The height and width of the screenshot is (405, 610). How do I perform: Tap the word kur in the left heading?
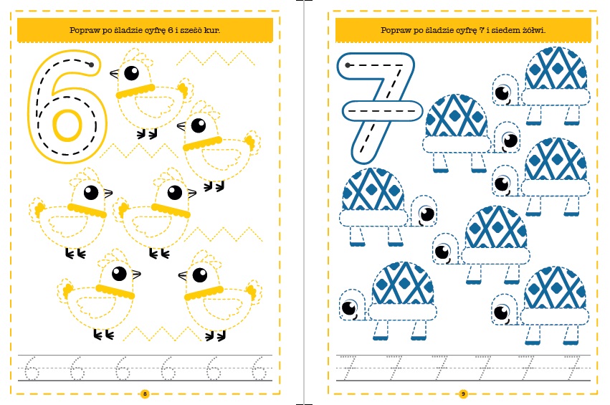[211, 30]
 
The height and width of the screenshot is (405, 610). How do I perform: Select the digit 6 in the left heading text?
[170, 30]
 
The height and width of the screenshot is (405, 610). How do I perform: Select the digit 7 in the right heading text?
[482, 30]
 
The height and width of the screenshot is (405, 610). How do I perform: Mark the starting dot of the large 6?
[92, 65]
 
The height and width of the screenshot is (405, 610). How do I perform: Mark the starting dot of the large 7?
[348, 65]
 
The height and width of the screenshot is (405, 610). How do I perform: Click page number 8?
[145, 394]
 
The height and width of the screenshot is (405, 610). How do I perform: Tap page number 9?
[463, 394]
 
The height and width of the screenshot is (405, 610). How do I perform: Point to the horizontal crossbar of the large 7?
[383, 111]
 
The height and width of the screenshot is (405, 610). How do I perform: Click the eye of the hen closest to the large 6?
[131, 73]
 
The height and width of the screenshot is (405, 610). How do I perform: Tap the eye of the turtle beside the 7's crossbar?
[510, 140]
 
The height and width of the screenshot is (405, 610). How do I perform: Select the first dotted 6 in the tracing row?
[32, 368]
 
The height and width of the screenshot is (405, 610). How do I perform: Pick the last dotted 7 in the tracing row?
[572, 367]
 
